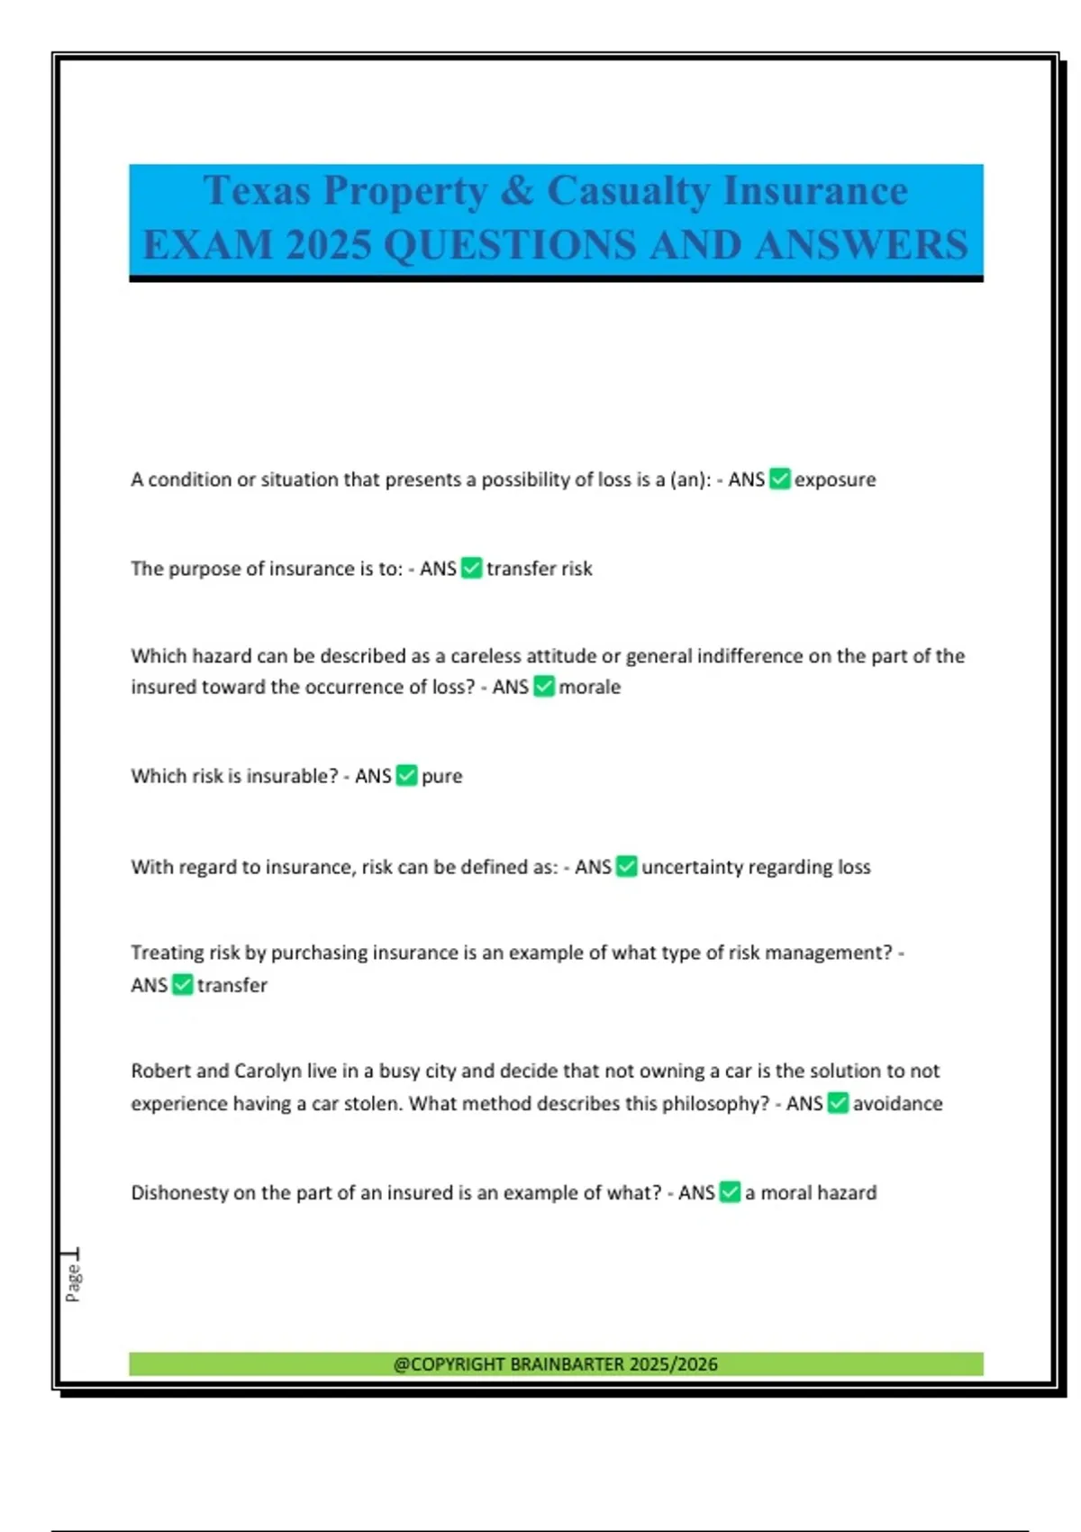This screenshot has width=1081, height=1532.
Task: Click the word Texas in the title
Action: [x=257, y=191]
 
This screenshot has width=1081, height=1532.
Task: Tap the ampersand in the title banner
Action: [x=517, y=191]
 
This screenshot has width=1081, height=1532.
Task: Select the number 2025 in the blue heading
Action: [x=328, y=245]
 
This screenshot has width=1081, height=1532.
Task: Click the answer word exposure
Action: [x=835, y=479]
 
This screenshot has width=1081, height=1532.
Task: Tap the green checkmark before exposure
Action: [x=780, y=479]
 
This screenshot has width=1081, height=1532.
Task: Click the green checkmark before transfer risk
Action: [x=472, y=568]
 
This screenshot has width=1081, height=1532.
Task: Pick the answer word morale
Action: [x=590, y=687]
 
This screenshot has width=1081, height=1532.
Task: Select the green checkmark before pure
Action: [x=407, y=775]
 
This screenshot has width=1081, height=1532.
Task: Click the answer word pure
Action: [x=442, y=777]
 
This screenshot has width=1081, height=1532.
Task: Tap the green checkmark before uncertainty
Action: [x=627, y=866]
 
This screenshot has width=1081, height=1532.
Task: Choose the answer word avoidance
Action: [x=898, y=1104]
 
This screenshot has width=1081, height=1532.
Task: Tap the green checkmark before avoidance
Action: [x=838, y=1103]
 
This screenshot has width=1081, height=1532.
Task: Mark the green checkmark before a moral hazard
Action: [x=731, y=1192]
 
